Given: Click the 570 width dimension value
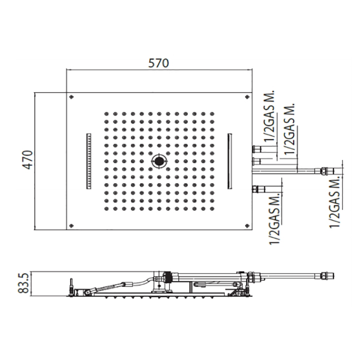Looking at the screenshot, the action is (x=158, y=63).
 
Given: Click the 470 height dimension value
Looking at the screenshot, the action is (x=28, y=160).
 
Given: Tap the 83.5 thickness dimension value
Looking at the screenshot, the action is (x=24, y=283).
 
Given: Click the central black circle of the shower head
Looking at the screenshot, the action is (x=158, y=161).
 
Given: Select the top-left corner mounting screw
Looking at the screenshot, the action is (x=71, y=97).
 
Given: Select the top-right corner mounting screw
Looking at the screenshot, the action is (x=247, y=97).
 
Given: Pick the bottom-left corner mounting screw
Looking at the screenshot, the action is (x=71, y=225).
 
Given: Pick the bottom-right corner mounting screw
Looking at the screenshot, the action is (x=247, y=225).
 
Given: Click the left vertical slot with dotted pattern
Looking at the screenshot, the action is (x=88, y=161).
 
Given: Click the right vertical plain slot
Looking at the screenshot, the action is (x=229, y=161).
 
